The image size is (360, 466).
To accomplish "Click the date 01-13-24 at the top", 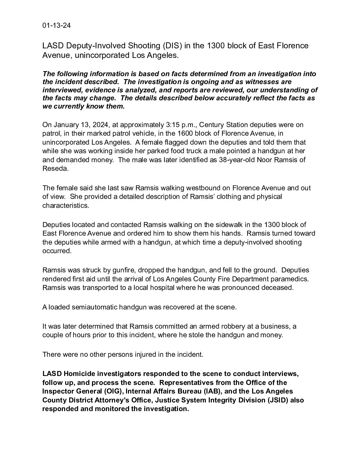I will [x=56, y=26].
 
